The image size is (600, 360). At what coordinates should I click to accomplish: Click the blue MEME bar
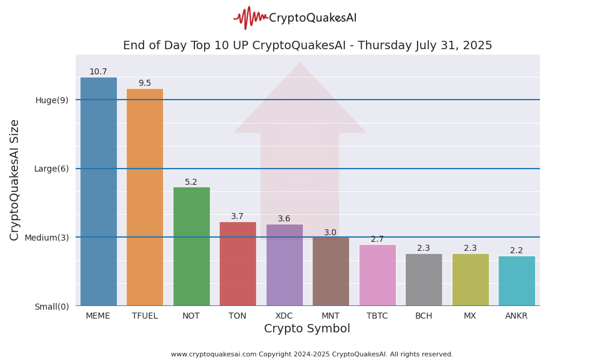pyautogui.click(x=98, y=192)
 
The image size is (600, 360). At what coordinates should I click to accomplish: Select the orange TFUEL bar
pyautogui.click(x=145, y=198)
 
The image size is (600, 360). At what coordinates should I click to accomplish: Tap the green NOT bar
pyautogui.click(x=191, y=247)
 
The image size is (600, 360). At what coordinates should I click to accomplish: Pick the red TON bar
pyautogui.click(x=238, y=264)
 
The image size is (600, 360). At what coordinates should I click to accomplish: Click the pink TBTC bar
pyautogui.click(x=377, y=275)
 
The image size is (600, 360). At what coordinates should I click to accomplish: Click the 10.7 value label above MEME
pyautogui.click(x=98, y=72)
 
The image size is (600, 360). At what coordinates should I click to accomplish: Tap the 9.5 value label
pyautogui.click(x=145, y=83)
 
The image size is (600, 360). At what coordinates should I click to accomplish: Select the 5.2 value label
pyautogui.click(x=191, y=182)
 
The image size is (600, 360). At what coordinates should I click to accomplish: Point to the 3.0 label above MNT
pyautogui.click(x=331, y=233)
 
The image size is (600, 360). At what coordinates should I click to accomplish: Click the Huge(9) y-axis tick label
pyautogui.click(x=52, y=100)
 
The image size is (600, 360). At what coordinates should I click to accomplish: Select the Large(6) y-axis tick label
pyautogui.click(x=52, y=169)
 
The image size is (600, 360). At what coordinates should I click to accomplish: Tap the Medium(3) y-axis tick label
pyautogui.click(x=47, y=238)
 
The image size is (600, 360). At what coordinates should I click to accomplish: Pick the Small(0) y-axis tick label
pyautogui.click(x=52, y=307)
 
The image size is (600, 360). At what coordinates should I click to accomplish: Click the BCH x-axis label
pyautogui.click(x=424, y=316)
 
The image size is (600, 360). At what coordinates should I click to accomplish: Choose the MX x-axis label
pyautogui.click(x=470, y=316)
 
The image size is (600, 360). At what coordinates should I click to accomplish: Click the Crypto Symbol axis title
pyautogui.click(x=307, y=329)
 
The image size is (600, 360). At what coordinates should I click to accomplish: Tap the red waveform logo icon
pyautogui.click(x=250, y=18)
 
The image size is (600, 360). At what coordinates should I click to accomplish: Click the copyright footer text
pyautogui.click(x=312, y=355)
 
